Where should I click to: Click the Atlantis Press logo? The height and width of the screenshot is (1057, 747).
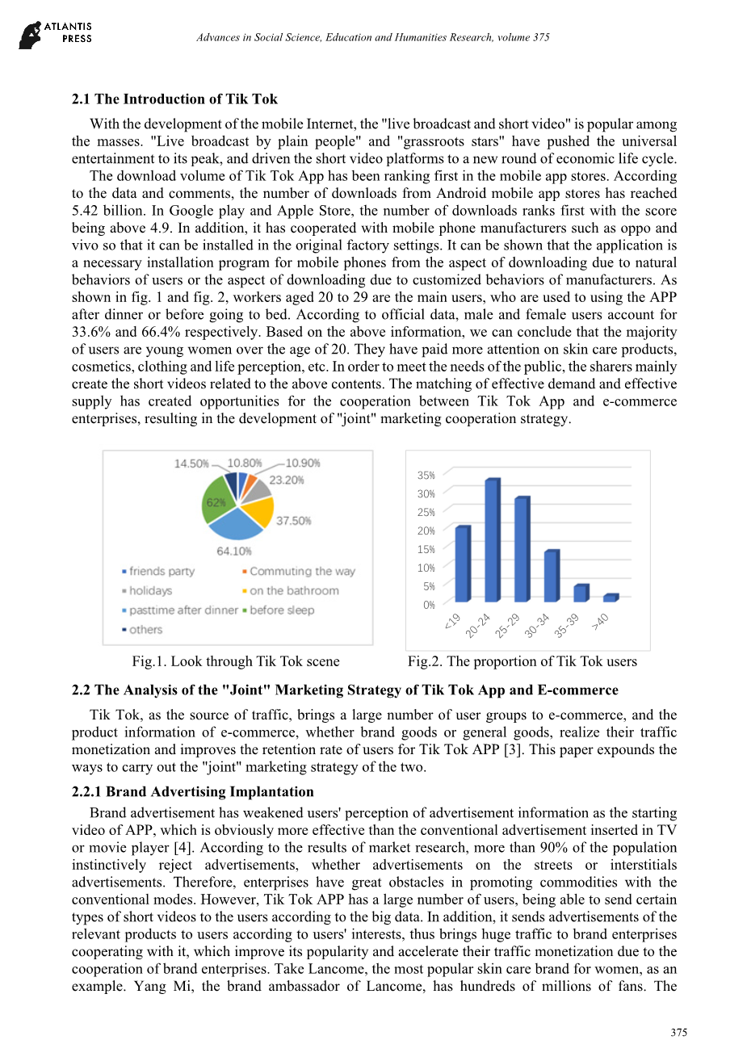tap(55, 34)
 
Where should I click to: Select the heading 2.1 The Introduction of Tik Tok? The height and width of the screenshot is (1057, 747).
tap(174, 99)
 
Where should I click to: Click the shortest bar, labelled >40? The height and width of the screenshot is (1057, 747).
tap(611, 598)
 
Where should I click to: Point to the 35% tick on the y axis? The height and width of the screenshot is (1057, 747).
tap(426, 476)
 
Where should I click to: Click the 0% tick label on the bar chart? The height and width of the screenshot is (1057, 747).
tap(428, 605)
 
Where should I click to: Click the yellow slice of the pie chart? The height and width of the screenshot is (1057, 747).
tap(258, 510)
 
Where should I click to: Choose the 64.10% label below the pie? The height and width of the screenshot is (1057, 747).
tap(233, 552)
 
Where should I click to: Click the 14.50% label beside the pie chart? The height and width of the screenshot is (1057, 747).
tap(191, 463)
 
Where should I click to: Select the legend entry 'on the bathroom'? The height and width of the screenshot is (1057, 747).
tap(294, 591)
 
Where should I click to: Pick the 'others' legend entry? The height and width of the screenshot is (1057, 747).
tap(145, 630)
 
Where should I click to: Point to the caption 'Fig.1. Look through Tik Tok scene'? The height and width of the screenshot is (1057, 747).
tap(236, 661)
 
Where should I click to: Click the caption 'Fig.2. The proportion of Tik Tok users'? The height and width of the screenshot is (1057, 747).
tap(522, 661)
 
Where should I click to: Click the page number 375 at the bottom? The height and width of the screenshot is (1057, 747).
tap(678, 1033)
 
